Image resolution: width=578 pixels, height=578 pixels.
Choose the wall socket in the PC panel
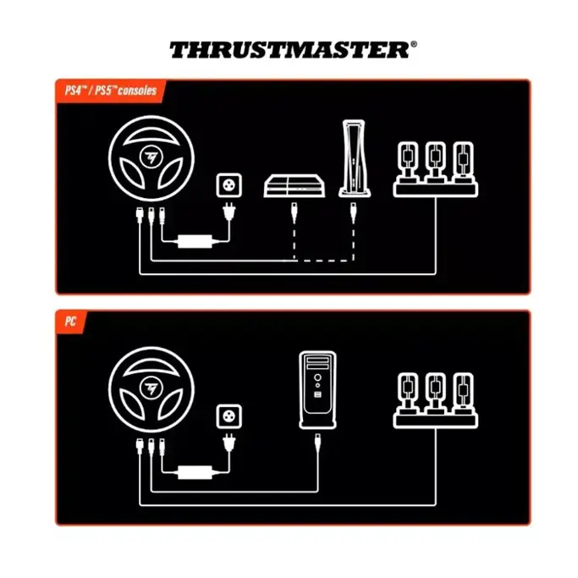tap(228, 415)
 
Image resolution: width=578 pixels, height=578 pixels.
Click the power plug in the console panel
tap(228, 212)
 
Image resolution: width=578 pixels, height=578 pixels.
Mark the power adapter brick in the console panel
tap(195, 242)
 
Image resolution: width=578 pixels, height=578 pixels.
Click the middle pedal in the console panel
tap(435, 158)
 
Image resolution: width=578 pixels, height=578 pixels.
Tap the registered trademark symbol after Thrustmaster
tap(413, 44)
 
